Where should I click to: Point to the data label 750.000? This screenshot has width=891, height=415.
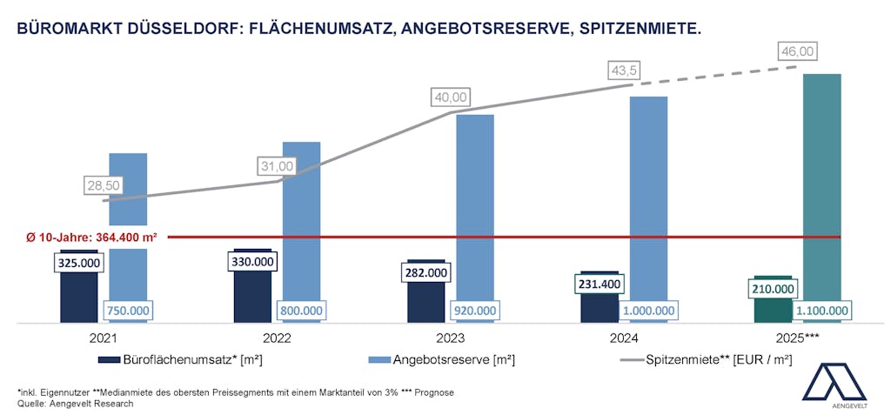pos(128,311)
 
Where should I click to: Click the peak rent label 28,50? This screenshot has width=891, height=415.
pos(104,185)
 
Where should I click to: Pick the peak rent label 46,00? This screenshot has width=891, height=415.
pos(797,52)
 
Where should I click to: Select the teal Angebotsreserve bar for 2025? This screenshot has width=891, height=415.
pos(822,174)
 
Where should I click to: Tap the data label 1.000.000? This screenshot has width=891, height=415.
pos(648,311)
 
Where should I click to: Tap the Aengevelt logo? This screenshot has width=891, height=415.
pos(834,383)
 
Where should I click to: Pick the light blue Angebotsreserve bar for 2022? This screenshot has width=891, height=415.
pos(302,218)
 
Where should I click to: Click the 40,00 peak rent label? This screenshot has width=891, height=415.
pos(450,97)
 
